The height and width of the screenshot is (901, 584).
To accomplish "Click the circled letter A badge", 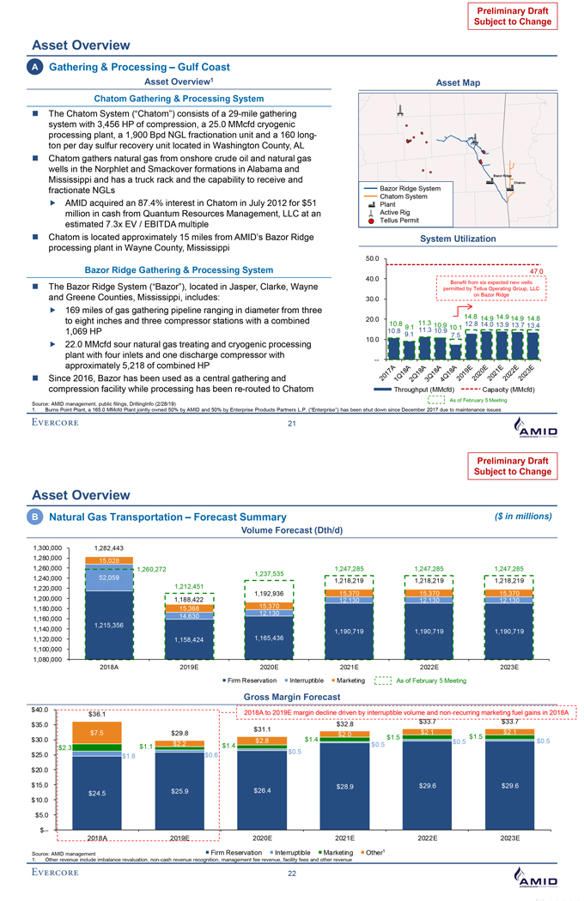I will pyautogui.click(x=37, y=67).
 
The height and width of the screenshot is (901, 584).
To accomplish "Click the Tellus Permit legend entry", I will pyautogui.click(x=397, y=219).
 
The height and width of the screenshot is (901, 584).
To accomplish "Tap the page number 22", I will pyautogui.click(x=291, y=874).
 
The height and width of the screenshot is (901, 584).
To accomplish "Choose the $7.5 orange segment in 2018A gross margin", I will pyautogui.click(x=97, y=733).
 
